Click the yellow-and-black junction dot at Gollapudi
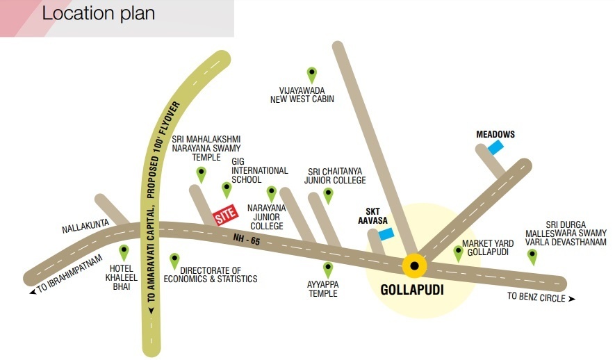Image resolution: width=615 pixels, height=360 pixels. click(x=415, y=265)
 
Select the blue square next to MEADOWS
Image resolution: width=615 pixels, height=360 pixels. click(x=495, y=147)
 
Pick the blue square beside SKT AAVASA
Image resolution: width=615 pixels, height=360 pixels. click(x=386, y=234)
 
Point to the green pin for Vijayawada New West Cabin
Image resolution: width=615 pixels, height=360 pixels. click(x=312, y=74)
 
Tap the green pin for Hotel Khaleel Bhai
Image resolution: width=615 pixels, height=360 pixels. click(x=124, y=252)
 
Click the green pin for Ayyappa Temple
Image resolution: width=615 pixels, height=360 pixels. click(x=327, y=269)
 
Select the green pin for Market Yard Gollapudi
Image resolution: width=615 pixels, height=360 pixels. click(x=458, y=252)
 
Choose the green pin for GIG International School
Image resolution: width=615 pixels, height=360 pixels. click(x=226, y=189)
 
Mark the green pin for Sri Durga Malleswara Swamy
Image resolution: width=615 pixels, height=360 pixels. click(x=532, y=256)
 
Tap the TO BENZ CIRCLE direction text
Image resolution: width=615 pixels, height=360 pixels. click(x=541, y=297)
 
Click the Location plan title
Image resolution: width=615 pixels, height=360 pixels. click(x=98, y=13)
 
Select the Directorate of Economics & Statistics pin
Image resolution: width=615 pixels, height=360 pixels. click(x=174, y=261)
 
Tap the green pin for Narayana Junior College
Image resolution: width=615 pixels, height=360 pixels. click(x=272, y=193)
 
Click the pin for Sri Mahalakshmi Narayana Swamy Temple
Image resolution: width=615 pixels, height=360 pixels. click(x=201, y=174)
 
